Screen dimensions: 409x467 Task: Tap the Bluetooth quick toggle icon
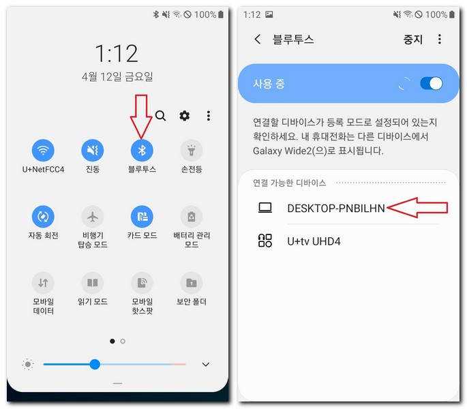pyautogui.click(x=142, y=150)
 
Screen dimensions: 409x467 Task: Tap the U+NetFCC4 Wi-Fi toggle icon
pyautogui.click(x=43, y=150)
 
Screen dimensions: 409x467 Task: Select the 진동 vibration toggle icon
pyautogui.click(x=92, y=150)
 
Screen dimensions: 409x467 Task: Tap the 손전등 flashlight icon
pyautogui.click(x=191, y=150)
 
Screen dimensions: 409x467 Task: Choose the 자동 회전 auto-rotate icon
pyautogui.click(x=43, y=217)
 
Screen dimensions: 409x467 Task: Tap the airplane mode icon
pyautogui.click(x=92, y=217)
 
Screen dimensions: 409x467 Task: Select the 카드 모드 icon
pyautogui.click(x=142, y=217)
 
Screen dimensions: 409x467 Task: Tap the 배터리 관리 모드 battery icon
pyautogui.click(x=191, y=217)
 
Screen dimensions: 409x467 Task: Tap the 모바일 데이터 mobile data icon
pyautogui.click(x=43, y=282)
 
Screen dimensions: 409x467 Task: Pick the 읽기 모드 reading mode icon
pyautogui.click(x=92, y=282)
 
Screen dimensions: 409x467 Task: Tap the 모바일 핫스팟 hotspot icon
pyautogui.click(x=142, y=282)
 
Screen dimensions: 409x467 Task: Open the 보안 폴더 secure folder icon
pyautogui.click(x=191, y=282)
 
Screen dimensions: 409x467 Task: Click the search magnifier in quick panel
pyautogui.click(x=160, y=116)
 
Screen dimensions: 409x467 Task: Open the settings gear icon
pyautogui.click(x=184, y=116)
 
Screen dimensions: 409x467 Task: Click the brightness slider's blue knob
pyautogui.click(x=95, y=365)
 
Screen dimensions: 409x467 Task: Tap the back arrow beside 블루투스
pyautogui.click(x=257, y=40)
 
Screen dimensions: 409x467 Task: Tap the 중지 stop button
pyautogui.click(x=413, y=40)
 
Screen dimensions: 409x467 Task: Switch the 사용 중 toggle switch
pyautogui.click(x=431, y=83)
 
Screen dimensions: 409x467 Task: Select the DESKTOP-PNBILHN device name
pyautogui.click(x=335, y=208)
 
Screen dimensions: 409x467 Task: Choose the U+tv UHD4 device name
pyautogui.click(x=314, y=241)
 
